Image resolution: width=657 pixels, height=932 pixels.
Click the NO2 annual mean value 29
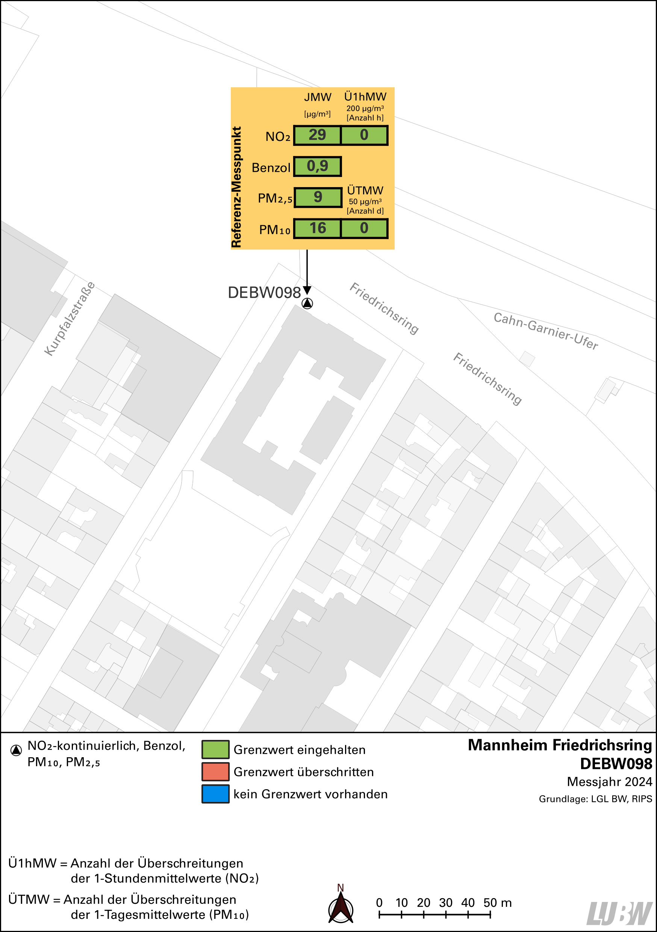tap(317, 135)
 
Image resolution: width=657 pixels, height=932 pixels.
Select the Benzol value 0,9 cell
tap(317, 166)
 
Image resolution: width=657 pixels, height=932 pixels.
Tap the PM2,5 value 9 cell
tap(318, 197)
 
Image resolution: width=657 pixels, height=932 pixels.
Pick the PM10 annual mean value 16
tap(317, 228)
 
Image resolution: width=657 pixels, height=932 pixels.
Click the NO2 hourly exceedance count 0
tap(364, 135)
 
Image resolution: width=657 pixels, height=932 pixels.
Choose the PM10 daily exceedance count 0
tap(364, 228)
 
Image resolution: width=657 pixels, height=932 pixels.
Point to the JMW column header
tap(318, 97)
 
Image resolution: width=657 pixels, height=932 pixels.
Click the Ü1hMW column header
tap(365, 97)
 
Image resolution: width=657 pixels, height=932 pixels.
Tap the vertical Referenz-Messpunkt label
tap(236, 187)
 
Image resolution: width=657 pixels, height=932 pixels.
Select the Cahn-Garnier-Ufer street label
tap(545, 331)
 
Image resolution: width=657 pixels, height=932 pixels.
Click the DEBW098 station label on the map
tap(264, 293)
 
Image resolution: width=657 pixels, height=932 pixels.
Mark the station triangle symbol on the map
tap(307, 303)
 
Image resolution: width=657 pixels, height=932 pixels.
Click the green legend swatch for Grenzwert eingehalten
tap(215, 750)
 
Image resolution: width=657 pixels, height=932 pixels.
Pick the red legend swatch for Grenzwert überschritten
tap(215, 772)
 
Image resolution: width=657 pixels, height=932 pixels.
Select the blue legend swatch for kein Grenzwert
tap(215, 794)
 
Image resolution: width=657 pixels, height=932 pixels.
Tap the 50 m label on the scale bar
tap(497, 903)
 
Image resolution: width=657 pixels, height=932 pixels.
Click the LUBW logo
tap(620, 913)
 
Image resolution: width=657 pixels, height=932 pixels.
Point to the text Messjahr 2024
tap(609, 782)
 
